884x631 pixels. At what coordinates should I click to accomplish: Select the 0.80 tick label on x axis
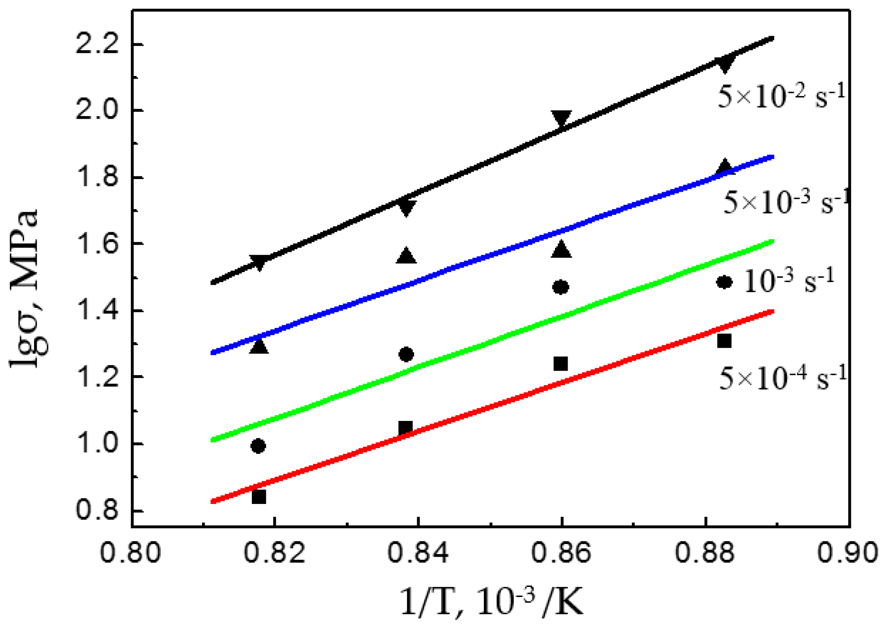[130, 552]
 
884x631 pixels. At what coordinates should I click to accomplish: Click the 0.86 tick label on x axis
[561, 552]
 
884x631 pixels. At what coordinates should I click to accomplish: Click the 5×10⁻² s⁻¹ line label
[781, 96]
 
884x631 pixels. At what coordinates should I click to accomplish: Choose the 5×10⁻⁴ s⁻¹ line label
[782, 378]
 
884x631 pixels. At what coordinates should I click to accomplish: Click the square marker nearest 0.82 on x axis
[259, 497]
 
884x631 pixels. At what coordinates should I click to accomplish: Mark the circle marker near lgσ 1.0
[258, 446]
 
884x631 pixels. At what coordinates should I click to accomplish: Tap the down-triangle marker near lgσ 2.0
[561, 118]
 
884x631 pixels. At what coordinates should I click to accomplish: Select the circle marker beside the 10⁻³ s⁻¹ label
[724, 282]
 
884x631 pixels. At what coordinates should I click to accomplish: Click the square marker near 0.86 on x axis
[560, 363]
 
